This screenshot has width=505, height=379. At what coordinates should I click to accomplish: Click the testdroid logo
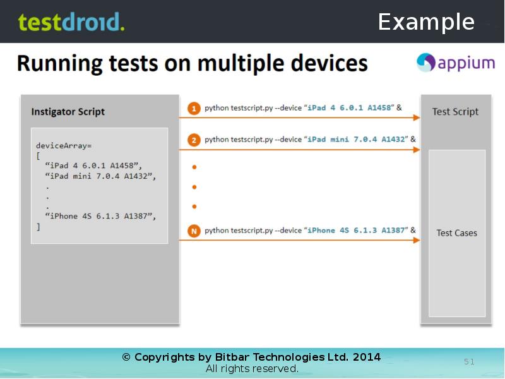pyautogui.click(x=71, y=22)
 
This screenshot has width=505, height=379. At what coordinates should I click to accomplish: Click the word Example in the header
pyautogui.click(x=426, y=22)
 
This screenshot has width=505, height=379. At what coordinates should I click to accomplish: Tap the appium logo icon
pyautogui.click(x=426, y=63)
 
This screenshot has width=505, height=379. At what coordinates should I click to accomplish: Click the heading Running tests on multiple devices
pyautogui.click(x=192, y=64)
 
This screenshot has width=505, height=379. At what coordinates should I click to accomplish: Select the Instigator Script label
pyautogui.click(x=68, y=112)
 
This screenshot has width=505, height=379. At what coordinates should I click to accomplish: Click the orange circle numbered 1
pyautogui.click(x=194, y=108)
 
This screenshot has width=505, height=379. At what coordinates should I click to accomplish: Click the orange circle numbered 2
pyautogui.click(x=194, y=140)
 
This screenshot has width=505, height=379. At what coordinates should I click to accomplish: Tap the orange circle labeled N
pyautogui.click(x=194, y=231)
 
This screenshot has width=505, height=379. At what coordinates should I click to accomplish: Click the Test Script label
pyautogui.click(x=455, y=112)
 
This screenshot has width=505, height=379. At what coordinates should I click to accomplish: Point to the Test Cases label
pyautogui.click(x=456, y=233)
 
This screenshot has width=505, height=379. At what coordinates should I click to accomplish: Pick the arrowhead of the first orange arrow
pyautogui.click(x=417, y=117)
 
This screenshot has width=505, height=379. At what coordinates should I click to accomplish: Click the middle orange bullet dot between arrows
pyautogui.click(x=194, y=187)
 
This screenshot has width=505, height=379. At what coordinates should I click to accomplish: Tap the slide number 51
pyautogui.click(x=469, y=362)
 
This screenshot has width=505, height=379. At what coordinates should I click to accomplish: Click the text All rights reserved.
pyautogui.click(x=252, y=369)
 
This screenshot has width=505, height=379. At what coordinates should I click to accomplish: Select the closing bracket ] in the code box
pyautogui.click(x=38, y=226)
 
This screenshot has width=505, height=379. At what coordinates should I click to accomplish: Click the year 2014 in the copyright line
pyautogui.click(x=366, y=358)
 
